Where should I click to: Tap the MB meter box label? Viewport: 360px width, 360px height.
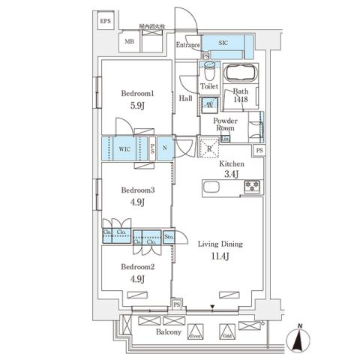click(x=129, y=42)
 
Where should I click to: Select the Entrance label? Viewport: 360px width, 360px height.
click(x=187, y=46)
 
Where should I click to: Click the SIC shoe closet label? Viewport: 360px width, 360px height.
click(x=223, y=43)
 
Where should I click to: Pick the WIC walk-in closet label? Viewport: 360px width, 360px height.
click(x=124, y=148)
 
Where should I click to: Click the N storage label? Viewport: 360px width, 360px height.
click(x=164, y=148)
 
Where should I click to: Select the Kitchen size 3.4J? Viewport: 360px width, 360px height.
click(x=230, y=174)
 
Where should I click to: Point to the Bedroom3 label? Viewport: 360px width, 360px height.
click(x=137, y=190)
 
